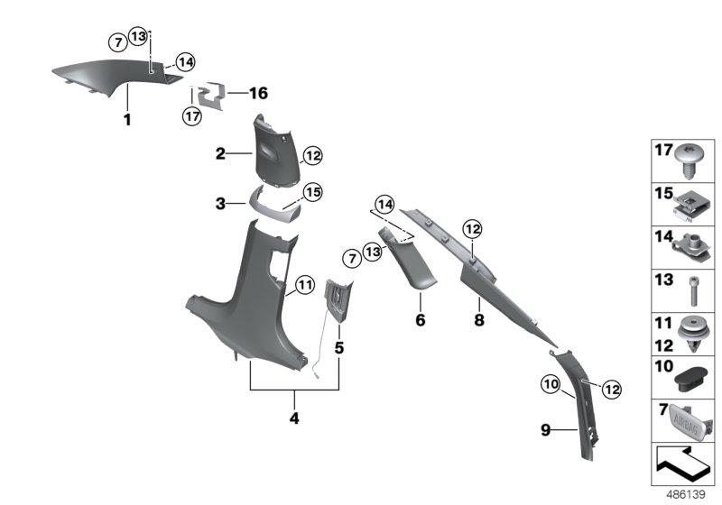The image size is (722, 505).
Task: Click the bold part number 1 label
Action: point(127,119)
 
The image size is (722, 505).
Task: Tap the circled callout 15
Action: point(311,192)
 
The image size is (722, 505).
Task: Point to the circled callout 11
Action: point(304,287)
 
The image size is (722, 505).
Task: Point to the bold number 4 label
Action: point(294,418)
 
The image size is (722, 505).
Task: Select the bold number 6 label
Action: point(419,319)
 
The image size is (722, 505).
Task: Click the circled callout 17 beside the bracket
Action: point(191,115)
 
